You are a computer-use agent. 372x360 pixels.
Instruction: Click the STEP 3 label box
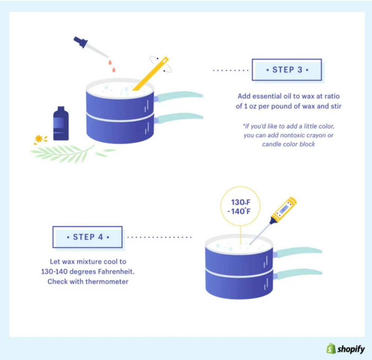(286, 70)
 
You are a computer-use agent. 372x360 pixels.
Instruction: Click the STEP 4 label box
(87, 237)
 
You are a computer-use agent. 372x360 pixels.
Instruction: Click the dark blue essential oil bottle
(61, 124)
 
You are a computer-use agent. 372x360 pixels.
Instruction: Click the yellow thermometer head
(284, 208)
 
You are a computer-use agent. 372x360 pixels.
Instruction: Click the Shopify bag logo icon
(330, 349)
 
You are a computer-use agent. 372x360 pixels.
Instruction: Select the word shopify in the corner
(351, 349)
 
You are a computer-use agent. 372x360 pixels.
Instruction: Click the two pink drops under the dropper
(111, 66)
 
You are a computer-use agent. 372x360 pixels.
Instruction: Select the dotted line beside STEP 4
(160, 237)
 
